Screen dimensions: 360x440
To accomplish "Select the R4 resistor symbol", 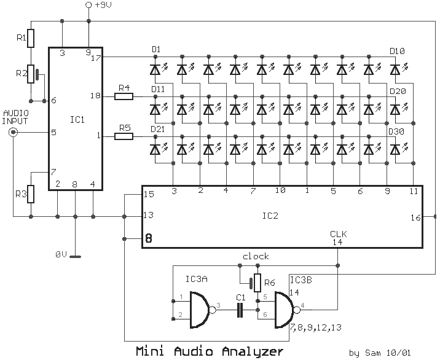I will pos(124,96).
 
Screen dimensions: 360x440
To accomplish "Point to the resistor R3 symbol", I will pos(31,194).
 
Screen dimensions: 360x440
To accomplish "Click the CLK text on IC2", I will pos(339,233).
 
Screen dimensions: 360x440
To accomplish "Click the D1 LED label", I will pos(156,49).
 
